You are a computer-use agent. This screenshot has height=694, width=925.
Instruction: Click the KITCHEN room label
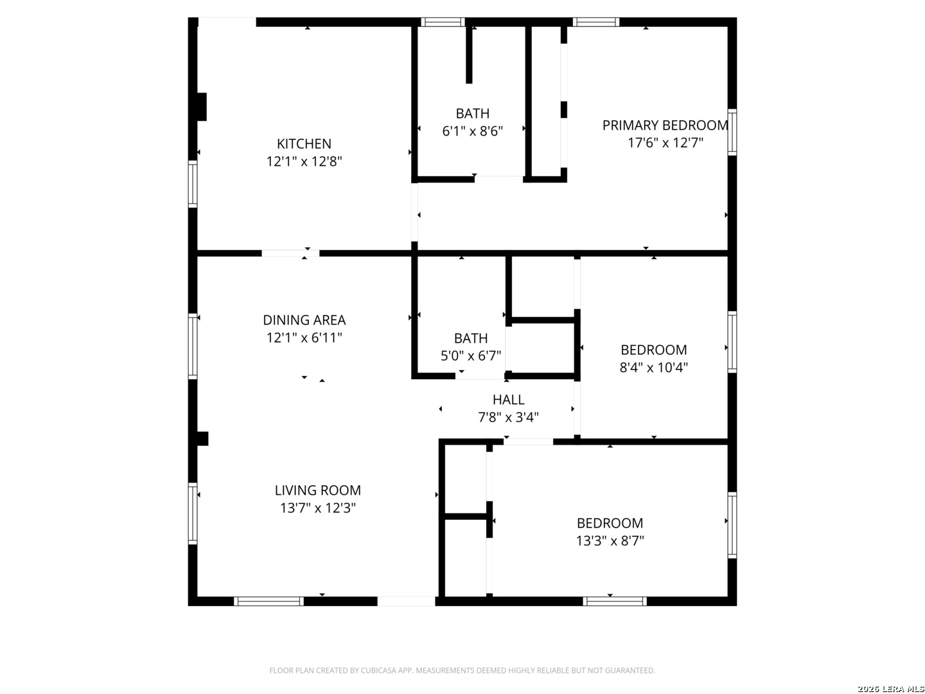pyautogui.click(x=303, y=144)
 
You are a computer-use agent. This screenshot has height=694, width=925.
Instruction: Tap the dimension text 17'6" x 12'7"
pyautogui.click(x=665, y=143)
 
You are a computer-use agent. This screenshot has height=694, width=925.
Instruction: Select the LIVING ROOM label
pyautogui.click(x=317, y=490)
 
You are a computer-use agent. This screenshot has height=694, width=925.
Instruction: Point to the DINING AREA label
pyautogui.click(x=304, y=320)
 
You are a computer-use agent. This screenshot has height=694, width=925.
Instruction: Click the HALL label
pyautogui.click(x=508, y=400)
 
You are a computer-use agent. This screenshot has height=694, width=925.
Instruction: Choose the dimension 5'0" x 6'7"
pyautogui.click(x=471, y=356)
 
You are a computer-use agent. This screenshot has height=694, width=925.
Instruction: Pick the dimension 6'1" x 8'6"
pyautogui.click(x=472, y=132)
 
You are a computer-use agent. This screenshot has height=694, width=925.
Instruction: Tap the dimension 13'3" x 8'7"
pyautogui.click(x=610, y=540)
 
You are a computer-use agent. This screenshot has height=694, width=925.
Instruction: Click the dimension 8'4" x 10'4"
pyautogui.click(x=653, y=368)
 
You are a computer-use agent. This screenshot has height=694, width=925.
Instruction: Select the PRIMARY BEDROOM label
pyautogui.click(x=665, y=125)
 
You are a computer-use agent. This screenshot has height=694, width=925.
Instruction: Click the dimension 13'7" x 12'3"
pyautogui.click(x=318, y=508)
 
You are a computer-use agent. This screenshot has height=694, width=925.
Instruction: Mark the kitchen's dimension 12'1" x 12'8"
pyautogui.click(x=304, y=161)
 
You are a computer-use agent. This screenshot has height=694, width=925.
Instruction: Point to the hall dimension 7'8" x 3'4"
pyautogui.click(x=508, y=417)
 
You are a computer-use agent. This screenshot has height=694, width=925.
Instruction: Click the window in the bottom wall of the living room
pyautogui.click(x=269, y=601)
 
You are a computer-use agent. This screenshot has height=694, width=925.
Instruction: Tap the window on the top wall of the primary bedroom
pyautogui.click(x=595, y=22)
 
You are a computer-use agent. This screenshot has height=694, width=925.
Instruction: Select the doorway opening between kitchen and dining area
pyautogui.click(x=290, y=253)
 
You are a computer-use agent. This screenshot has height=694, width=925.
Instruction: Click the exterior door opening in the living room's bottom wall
pyautogui.click(x=406, y=601)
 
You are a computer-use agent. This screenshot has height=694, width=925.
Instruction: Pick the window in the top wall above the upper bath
pyautogui.click(x=443, y=22)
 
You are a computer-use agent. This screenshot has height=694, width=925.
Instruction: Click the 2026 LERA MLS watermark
pyautogui.click(x=890, y=689)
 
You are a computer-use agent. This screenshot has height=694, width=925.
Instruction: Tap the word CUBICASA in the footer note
pyautogui.click(x=377, y=670)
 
